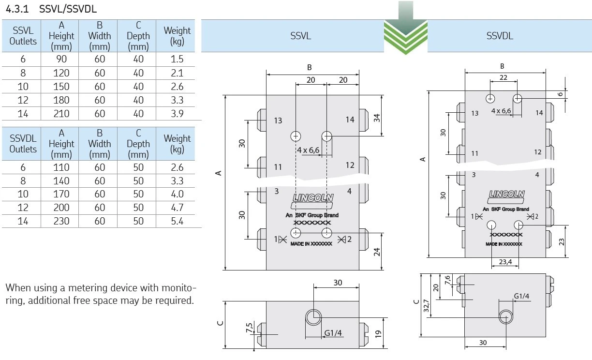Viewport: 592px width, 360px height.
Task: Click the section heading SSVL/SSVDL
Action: (x=68, y=9)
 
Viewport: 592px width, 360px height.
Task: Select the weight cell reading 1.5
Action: (x=177, y=59)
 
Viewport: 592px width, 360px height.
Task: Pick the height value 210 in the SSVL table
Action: (x=61, y=114)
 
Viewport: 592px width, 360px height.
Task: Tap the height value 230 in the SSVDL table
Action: (x=61, y=221)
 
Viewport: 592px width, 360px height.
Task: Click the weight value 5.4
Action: (x=177, y=221)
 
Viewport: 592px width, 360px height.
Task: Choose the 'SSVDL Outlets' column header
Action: (x=23, y=144)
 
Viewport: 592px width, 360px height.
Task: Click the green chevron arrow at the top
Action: (x=405, y=29)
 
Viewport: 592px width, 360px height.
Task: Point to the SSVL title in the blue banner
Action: (x=300, y=36)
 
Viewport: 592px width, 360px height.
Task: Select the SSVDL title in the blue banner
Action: (x=500, y=36)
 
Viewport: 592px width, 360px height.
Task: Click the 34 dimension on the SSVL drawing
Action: (x=377, y=118)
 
